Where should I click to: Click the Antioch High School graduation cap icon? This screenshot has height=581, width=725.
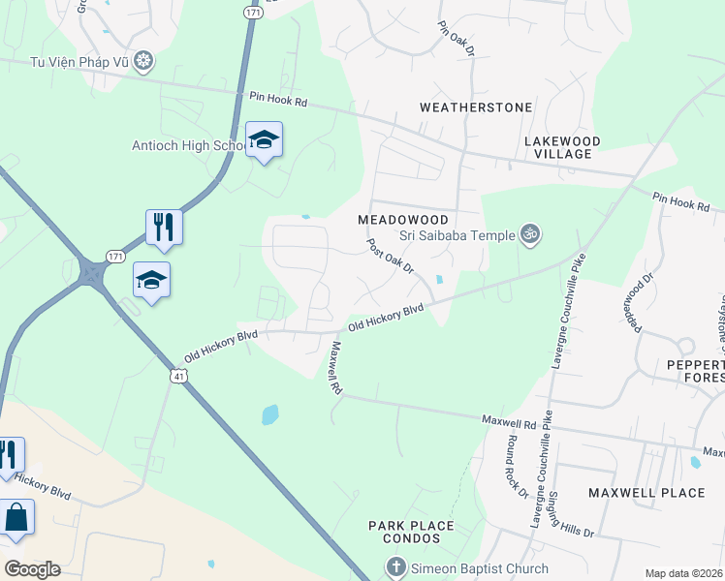pos(264,140)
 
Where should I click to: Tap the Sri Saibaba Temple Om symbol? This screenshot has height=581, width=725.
pos(529,233)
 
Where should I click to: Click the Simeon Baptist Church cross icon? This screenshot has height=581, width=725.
pos(394,567)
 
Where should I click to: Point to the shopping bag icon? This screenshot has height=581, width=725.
pos(16,517)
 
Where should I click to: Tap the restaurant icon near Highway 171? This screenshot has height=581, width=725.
pos(164,228)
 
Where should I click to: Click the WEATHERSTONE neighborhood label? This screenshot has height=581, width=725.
pos(476,107)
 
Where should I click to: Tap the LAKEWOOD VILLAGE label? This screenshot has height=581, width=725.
pos(562,147)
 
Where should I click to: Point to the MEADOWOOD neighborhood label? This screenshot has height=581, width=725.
pos(403,220)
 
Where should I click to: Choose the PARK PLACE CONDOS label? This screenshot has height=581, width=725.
pos(411,533)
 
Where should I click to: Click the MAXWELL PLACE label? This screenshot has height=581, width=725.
pos(646,493)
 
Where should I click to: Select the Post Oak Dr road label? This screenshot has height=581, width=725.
pos(390,259)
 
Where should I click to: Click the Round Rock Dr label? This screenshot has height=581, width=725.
pos(514,466)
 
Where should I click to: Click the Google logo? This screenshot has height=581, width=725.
pos(31,569)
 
